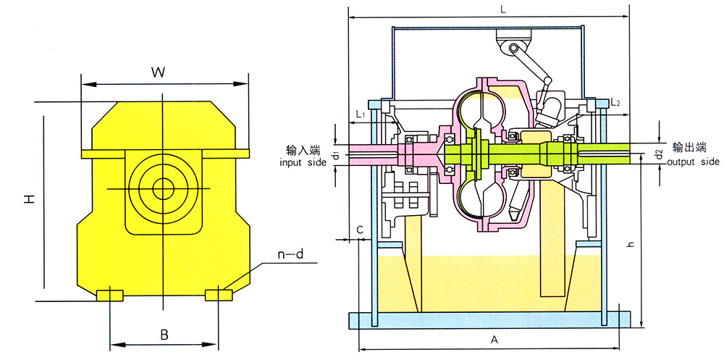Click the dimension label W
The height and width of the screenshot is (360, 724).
(x=159, y=73)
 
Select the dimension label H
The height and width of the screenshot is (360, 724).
(x=30, y=199)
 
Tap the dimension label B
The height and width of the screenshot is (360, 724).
(x=164, y=335)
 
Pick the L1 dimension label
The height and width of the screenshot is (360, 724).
(x=361, y=114)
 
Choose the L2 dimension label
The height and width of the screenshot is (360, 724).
(x=615, y=101)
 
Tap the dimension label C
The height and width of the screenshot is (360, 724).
(x=361, y=229)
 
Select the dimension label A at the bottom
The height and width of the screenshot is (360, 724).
(x=494, y=340)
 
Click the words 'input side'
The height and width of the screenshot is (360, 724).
(x=303, y=162)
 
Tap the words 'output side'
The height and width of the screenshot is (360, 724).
(x=693, y=162)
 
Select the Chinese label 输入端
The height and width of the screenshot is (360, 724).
(x=303, y=150)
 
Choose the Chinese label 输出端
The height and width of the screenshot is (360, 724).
(x=689, y=148)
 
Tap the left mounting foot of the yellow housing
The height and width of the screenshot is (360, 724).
(x=109, y=296)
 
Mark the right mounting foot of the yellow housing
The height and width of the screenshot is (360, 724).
(x=219, y=295)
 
